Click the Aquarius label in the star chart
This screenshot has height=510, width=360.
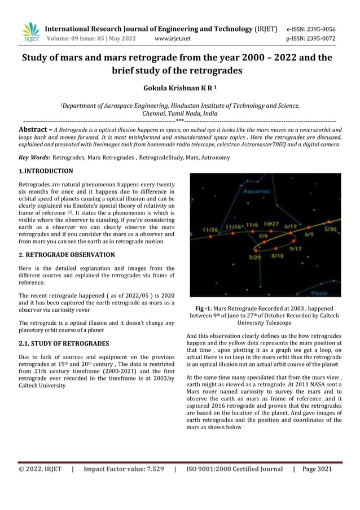(256, 191)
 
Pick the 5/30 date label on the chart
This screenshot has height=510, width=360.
(331, 229)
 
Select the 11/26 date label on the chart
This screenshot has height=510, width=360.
(210, 230)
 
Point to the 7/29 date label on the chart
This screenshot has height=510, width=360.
(255, 257)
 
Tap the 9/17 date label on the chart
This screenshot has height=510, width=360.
(295, 249)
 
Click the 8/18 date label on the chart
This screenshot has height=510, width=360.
(278, 256)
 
